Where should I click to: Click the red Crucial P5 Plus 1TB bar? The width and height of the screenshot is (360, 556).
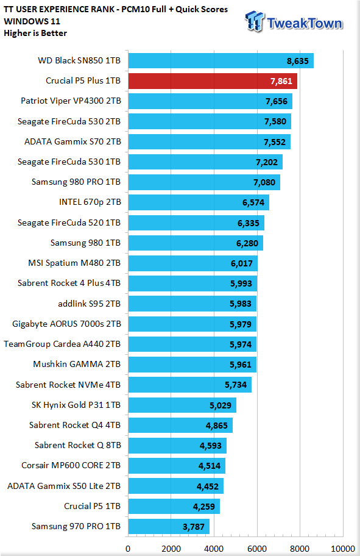pos(213,81)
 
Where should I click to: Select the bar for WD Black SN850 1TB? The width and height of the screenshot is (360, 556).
pos(221,60)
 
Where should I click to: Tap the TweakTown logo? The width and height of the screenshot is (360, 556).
pos(294,22)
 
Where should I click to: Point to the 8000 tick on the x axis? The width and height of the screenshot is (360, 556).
pos(300,549)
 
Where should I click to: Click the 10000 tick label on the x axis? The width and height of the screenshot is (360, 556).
pos(342,549)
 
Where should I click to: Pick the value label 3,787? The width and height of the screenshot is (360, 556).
pos(194,527)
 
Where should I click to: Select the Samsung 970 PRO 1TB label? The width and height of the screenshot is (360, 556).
pos(76,526)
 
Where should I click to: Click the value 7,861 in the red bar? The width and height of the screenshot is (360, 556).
pos(281,81)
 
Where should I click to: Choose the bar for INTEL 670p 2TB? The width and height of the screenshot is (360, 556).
pos(199,202)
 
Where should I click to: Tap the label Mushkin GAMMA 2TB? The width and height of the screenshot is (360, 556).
pos(77,364)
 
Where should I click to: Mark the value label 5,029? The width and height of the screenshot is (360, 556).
pos(221,405)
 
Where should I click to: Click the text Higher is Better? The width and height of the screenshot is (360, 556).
pos(35,34)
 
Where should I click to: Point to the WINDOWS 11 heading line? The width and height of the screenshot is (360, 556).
pos(32,21)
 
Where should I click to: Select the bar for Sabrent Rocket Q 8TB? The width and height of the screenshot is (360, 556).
pos(177,446)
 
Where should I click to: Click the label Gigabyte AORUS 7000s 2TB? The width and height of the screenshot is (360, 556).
pos(66,324)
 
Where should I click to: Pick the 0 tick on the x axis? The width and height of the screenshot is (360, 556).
pos(128,549)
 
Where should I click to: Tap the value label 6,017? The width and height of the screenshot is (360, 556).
pos(242,263)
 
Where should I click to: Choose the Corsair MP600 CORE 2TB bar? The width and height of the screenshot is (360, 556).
pos(177,466)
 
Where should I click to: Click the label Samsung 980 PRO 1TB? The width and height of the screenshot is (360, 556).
pos(76,182)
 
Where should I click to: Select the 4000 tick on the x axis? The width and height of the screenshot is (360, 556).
pos(214,549)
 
